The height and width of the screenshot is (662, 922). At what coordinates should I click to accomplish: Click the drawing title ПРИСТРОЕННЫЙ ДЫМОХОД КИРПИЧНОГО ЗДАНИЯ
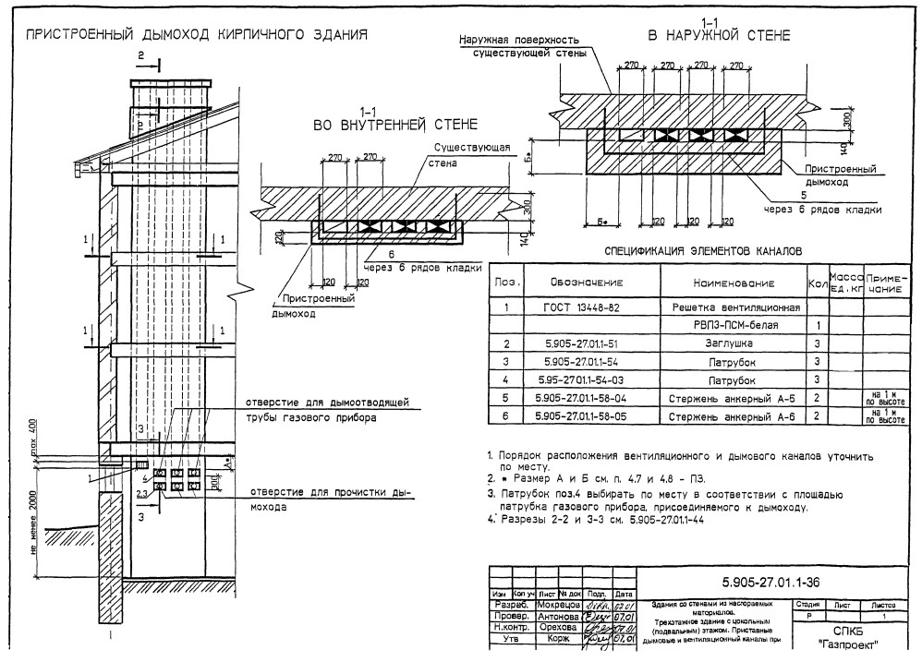coord(197,35)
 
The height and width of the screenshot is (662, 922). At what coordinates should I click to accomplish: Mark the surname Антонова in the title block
coord(559,616)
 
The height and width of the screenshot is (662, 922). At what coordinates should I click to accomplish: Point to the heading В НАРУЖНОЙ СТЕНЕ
coord(718,36)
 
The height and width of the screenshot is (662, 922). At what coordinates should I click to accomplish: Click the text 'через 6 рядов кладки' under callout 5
coord(821,210)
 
